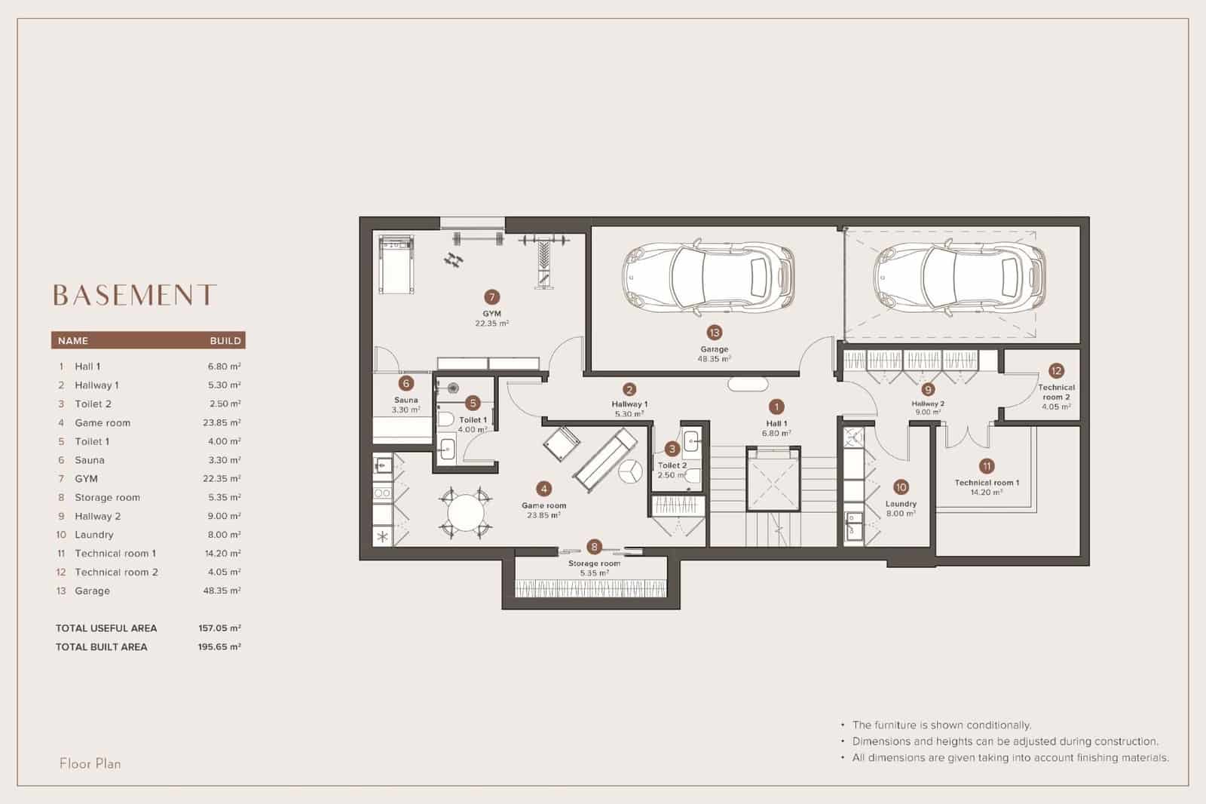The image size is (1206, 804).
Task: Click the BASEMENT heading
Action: tap(135, 295)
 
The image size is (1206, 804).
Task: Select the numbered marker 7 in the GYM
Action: tap(492, 297)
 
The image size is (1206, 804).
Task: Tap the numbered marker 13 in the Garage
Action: tap(714, 333)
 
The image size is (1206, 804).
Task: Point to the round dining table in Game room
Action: tap(466, 512)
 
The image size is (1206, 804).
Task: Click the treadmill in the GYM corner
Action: tap(396, 265)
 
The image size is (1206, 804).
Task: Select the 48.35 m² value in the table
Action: tap(222, 591)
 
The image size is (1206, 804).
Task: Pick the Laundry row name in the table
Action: tap(94, 535)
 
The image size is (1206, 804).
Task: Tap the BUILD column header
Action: tap(225, 341)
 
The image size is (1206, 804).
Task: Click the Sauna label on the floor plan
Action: tap(406, 400)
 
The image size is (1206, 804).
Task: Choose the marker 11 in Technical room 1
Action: tap(987, 466)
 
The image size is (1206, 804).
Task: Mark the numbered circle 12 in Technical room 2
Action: tap(1056, 370)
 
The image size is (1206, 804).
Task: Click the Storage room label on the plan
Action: tap(594, 563)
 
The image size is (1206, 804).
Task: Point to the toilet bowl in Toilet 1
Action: tap(445, 419)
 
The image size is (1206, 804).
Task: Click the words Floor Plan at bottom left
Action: tap(90, 763)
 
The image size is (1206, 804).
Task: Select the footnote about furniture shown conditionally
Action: tap(941, 725)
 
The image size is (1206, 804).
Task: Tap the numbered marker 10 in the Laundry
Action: tap(901, 487)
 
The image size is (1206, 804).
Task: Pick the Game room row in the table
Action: tap(103, 422)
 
